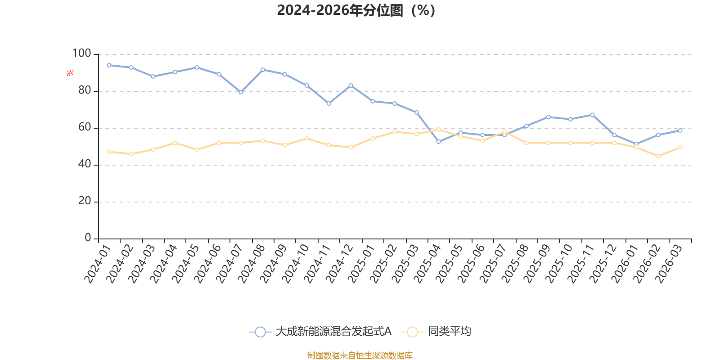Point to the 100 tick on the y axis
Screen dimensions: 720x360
(81, 53)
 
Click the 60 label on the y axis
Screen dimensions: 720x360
(85, 127)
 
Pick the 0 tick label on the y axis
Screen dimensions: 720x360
(88, 238)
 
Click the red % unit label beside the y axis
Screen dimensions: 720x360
(70, 73)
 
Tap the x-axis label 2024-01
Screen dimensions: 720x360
(97, 264)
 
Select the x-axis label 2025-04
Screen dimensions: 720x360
(427, 264)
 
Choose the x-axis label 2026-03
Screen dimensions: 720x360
(668, 264)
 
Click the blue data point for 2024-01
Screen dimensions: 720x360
(109, 65)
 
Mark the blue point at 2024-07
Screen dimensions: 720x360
(241, 92)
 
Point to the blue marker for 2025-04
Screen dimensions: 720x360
(438, 142)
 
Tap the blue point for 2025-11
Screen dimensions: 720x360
(592, 115)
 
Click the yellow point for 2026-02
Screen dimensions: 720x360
(658, 156)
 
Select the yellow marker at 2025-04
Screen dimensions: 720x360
(438, 130)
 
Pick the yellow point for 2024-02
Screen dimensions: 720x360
(131, 154)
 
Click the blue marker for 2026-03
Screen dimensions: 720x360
(680, 130)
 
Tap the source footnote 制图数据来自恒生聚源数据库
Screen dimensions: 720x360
(360, 355)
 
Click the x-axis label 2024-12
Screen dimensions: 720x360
(339, 264)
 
